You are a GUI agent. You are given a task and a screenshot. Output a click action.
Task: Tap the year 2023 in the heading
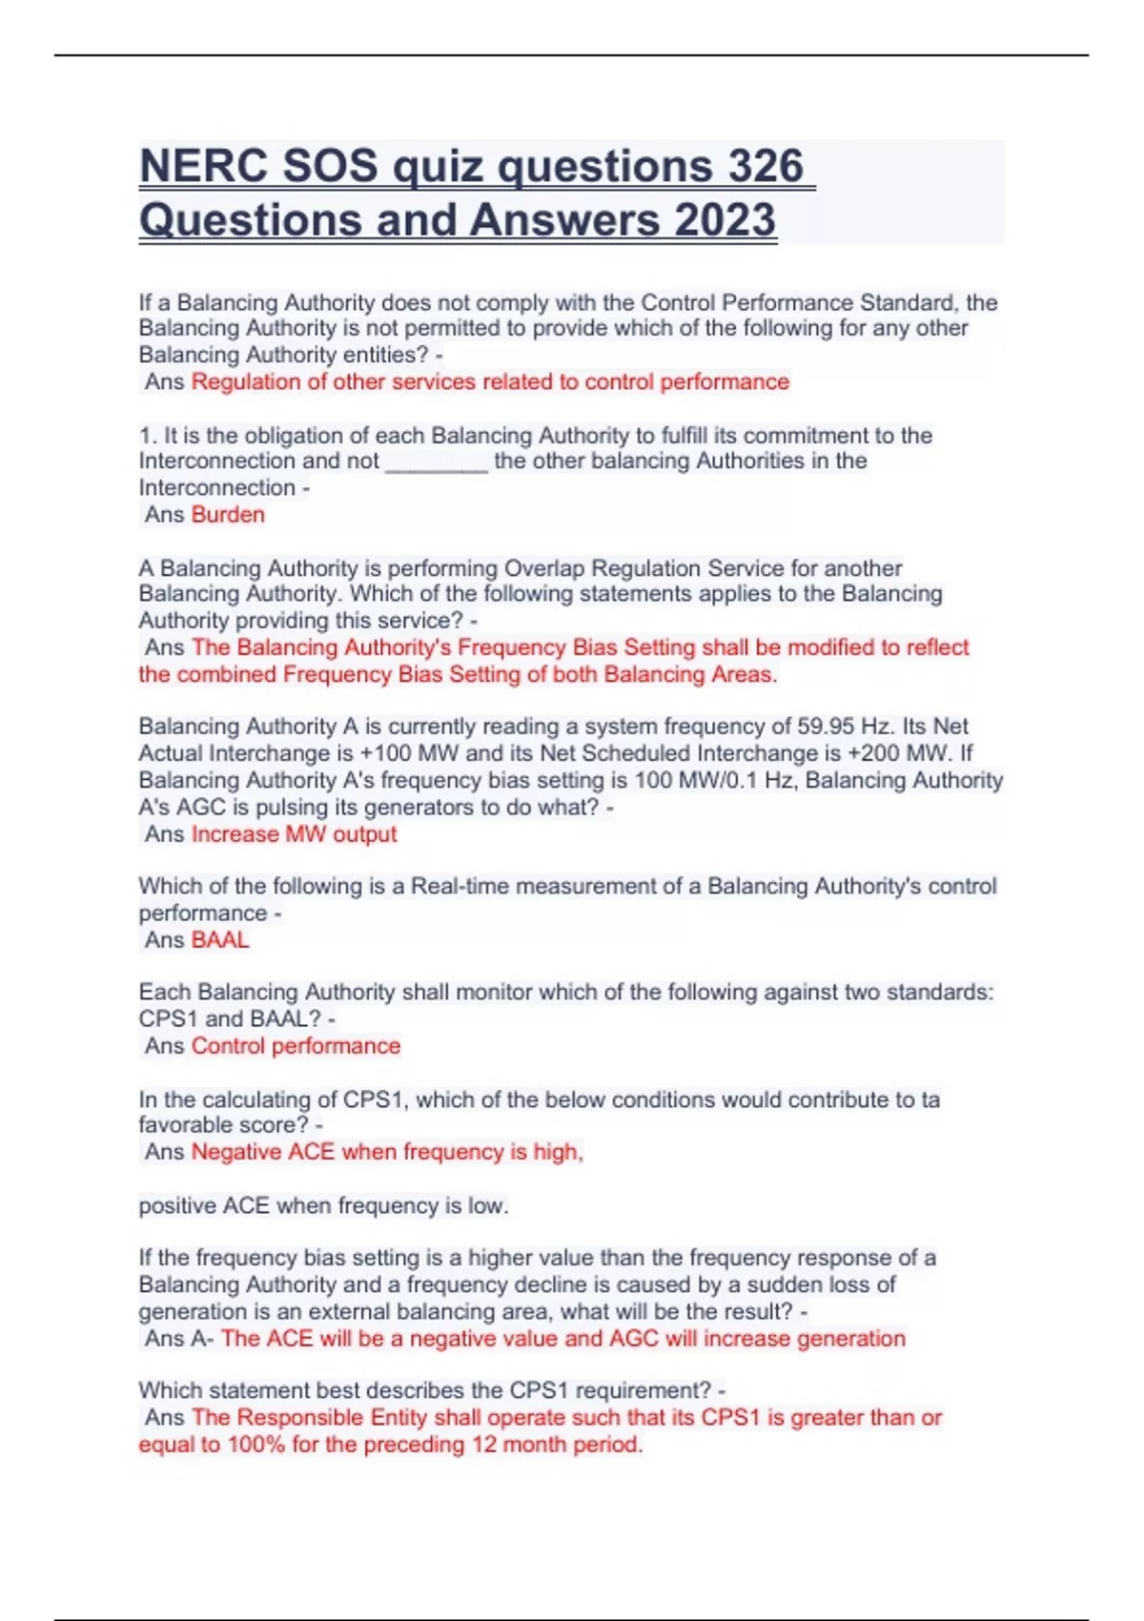[x=725, y=220]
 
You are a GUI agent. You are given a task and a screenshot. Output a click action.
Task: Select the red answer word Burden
[x=228, y=515]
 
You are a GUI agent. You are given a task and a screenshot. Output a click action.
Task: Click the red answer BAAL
[x=220, y=940]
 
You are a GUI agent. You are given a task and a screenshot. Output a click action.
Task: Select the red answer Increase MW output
[x=294, y=834]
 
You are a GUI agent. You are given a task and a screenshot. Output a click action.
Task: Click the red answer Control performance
[x=296, y=1046]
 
